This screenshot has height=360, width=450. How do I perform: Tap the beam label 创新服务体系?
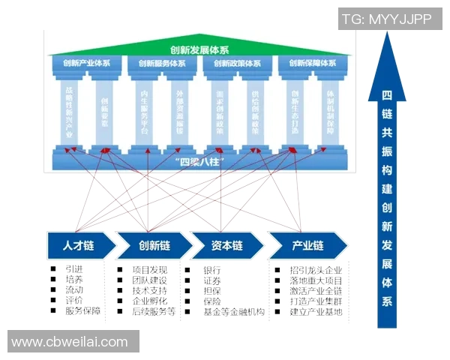pos(162,64)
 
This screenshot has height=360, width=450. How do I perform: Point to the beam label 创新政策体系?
pos(238,64)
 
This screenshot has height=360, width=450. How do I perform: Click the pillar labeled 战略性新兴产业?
pos(68,112)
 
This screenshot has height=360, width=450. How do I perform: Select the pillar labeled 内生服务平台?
pos(144,112)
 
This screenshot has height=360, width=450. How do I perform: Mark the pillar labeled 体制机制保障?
pos(331,112)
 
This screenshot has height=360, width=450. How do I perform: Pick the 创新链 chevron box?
pos(154,246)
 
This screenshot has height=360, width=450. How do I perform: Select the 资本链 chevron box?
pos(227,246)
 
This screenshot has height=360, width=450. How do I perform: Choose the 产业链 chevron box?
pos(307,246)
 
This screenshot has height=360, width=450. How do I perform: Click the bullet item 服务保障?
pos(82,310)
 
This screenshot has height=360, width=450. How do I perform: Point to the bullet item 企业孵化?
pos(151,301)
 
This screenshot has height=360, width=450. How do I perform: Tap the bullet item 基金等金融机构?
pos(234,311)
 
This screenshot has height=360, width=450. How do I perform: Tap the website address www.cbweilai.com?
pos(70,342)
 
